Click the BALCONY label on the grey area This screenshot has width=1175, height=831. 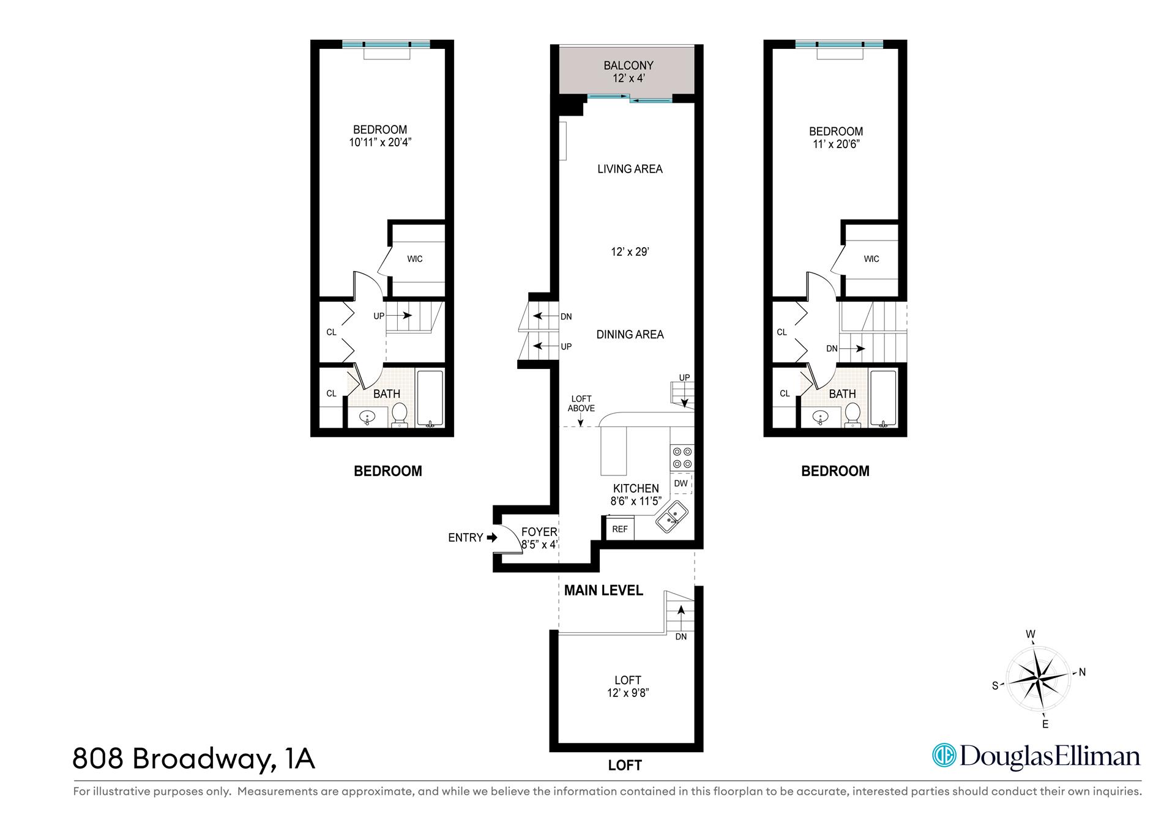pos(628,65)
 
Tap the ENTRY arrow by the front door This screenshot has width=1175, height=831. pos(491,538)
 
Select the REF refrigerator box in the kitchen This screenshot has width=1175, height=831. pos(620,529)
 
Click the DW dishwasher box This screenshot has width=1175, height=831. pos(681,483)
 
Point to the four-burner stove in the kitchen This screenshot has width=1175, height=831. pos(682,458)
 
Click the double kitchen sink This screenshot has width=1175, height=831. pos(671,516)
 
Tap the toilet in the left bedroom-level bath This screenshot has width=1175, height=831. pos(399,414)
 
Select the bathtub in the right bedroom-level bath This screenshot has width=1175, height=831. pos(882,398)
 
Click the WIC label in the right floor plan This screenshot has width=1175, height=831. pos(871,259)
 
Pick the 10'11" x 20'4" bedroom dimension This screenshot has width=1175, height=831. pos(379,143)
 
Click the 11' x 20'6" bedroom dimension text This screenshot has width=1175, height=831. pos(835,144)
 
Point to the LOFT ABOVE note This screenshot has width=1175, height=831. pos(581,404)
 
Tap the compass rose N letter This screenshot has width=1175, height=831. pos(1082,672)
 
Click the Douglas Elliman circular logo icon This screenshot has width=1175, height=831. pos(944,755)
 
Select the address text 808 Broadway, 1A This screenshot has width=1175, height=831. pos(193,759)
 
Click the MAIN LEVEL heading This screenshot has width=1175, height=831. pos(603,591)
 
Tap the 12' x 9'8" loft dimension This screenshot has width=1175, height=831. pos(627,693)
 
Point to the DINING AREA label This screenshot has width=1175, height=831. pos(630,335)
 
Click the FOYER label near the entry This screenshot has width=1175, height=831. pos(539,532)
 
